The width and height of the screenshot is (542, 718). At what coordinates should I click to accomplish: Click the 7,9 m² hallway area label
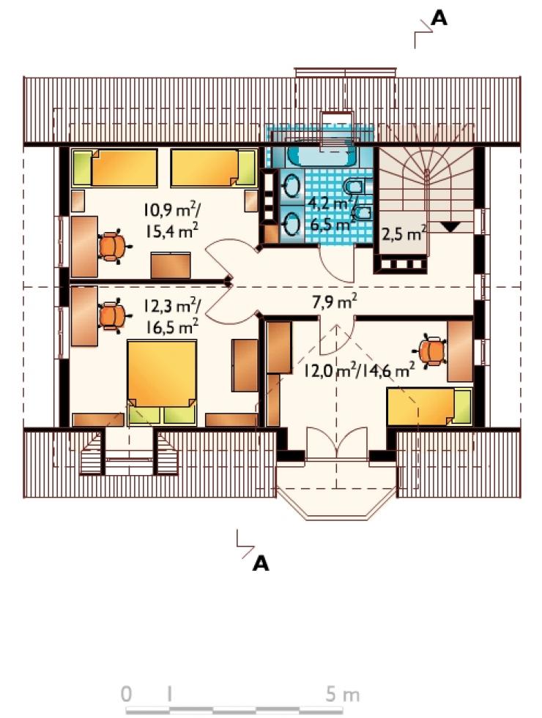(x=335, y=302)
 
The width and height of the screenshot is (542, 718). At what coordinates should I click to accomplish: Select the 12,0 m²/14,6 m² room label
(x=360, y=370)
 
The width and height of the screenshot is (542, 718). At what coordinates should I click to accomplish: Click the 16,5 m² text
(x=172, y=327)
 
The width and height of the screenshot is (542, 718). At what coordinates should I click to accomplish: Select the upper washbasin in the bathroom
(x=291, y=187)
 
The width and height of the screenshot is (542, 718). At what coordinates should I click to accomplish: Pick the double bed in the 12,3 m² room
(x=162, y=381)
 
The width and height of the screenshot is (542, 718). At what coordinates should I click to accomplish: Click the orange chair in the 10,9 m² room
(x=112, y=247)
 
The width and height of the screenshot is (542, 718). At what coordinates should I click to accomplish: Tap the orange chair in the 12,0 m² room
(x=431, y=351)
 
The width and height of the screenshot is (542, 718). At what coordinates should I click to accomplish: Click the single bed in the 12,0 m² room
(x=429, y=407)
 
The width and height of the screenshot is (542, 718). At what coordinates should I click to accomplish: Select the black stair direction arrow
(x=450, y=227)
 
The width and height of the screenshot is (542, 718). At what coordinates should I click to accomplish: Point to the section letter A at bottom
(x=261, y=564)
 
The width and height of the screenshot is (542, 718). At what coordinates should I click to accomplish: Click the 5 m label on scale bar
(x=342, y=694)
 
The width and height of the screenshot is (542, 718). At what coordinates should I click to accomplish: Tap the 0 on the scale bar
(x=127, y=694)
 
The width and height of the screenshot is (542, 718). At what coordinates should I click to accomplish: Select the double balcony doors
(x=337, y=440)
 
